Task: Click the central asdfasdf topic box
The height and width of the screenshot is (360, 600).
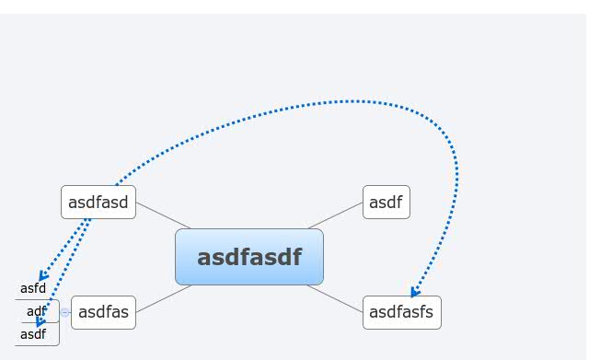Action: (248, 257)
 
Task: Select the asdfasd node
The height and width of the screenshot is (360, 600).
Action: (98, 202)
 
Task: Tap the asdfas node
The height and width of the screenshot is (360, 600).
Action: (103, 312)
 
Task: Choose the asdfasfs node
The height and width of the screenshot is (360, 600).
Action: (401, 312)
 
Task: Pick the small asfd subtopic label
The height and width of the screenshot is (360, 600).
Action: (33, 288)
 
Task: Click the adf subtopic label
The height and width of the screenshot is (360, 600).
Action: (36, 311)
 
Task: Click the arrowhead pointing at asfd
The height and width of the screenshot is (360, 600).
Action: (42, 276)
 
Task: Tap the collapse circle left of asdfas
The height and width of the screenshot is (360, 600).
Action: (64, 312)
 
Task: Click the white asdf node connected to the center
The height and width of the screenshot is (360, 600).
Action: (386, 202)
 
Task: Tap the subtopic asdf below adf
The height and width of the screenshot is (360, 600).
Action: (33, 334)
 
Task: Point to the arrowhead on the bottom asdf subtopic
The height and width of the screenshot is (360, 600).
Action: (40, 322)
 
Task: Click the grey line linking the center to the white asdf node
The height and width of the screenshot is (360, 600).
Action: (335, 215)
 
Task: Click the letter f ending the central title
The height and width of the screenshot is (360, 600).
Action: (295, 256)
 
